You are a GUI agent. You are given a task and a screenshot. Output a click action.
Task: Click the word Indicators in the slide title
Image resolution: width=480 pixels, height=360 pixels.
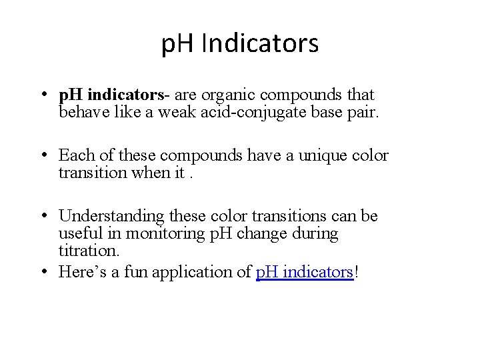[260, 44]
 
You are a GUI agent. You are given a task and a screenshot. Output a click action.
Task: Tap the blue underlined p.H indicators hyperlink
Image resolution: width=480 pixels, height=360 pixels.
[304, 272]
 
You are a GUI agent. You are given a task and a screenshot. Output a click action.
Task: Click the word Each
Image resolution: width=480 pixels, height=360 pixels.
[75, 155]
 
